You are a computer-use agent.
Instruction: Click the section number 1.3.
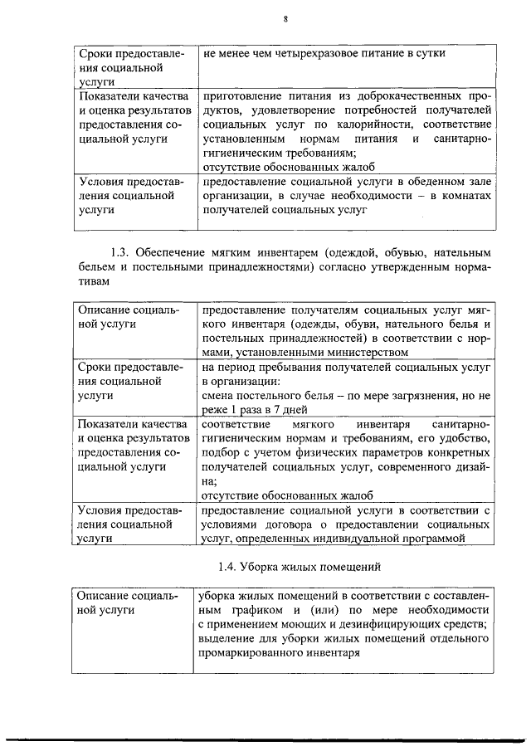(122, 251)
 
